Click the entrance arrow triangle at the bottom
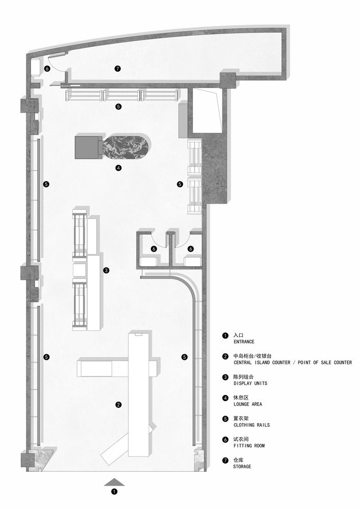[x=114, y=482]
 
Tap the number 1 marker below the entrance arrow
[x=114, y=492]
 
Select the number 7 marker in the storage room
[x=118, y=69]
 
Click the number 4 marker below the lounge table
[x=119, y=168]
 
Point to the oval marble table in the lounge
[x=127, y=148]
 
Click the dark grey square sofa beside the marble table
[x=87, y=148]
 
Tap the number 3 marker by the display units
[x=106, y=270]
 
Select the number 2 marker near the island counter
[x=119, y=405]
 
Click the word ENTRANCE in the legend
[x=244, y=342]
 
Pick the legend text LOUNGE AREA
[x=247, y=404]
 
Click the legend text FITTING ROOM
[x=250, y=446]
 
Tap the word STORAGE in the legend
[x=242, y=466]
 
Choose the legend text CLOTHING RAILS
[x=252, y=425]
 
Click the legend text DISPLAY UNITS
[x=251, y=383]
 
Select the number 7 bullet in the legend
[x=225, y=461]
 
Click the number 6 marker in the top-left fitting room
[x=47, y=69]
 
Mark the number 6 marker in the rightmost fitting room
[x=190, y=249]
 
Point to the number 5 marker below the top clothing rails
[x=119, y=106]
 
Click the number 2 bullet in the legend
[x=225, y=356]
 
